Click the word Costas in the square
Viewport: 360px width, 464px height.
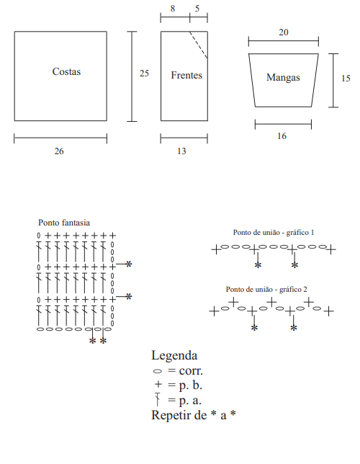tap(66, 71)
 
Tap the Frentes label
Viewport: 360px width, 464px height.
tap(186, 75)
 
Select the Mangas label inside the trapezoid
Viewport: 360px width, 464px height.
tap(283, 78)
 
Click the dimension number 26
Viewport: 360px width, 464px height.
tap(59, 151)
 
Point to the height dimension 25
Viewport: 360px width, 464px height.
tap(144, 73)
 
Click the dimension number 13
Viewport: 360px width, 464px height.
tap(181, 151)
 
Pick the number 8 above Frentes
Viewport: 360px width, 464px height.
tap(173, 9)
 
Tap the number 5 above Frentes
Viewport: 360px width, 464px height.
tap(197, 9)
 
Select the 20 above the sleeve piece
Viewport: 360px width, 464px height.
tap(284, 32)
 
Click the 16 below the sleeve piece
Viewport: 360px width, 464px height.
tap(282, 136)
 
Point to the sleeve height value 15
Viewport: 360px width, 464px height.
tap(346, 79)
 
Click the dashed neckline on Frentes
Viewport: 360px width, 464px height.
tap(199, 45)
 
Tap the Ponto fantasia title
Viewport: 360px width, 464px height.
tap(64, 223)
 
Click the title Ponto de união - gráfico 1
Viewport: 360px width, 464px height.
tap(274, 233)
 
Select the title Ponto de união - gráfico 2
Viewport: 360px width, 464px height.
tap(266, 290)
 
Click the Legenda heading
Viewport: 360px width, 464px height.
tap(174, 356)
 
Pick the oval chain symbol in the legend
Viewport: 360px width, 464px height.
tap(158, 371)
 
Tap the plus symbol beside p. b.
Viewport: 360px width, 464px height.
tap(158, 384)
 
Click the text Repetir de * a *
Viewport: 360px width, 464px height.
tap(194, 415)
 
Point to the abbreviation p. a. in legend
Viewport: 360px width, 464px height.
tap(190, 401)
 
